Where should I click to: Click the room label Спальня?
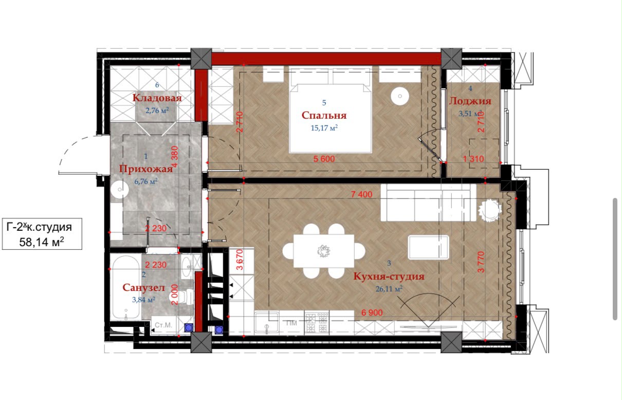(x=324, y=115)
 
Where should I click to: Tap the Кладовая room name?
(x=157, y=98)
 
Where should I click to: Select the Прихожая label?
(x=145, y=169)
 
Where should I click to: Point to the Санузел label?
(x=143, y=288)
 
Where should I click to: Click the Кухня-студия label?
(x=389, y=277)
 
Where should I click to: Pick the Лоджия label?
(x=470, y=101)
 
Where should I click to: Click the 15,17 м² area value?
(x=324, y=128)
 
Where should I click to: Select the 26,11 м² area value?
(x=389, y=289)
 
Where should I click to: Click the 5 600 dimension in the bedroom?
(x=324, y=159)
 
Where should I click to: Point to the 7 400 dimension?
(x=361, y=194)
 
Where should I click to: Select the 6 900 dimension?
(x=372, y=313)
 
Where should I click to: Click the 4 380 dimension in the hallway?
(x=174, y=157)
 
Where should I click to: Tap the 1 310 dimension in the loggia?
(x=473, y=159)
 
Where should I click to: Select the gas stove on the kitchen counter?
(x=317, y=322)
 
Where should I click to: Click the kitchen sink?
(x=267, y=322)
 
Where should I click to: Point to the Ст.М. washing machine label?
(x=163, y=325)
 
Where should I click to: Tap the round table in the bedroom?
(x=400, y=96)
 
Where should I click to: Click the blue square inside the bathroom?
(x=189, y=328)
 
